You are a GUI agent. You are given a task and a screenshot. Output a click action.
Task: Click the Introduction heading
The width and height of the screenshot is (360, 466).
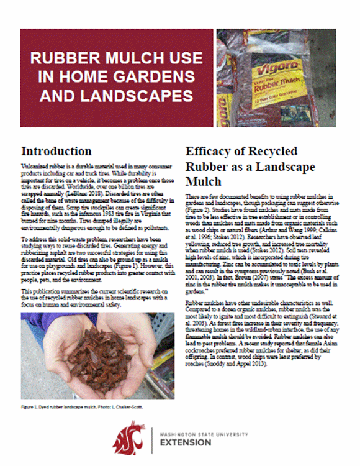pyautogui.click(x=56, y=152)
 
